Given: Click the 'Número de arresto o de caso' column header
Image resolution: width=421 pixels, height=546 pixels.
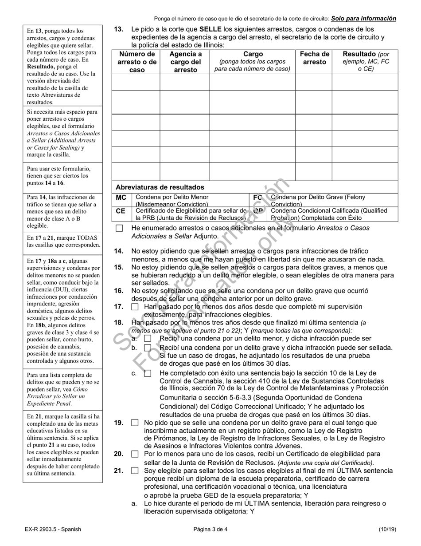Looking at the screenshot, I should click(136, 62).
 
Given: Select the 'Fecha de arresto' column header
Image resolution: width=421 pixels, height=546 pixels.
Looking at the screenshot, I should click(314, 58).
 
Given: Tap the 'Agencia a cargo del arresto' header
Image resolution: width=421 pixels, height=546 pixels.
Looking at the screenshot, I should click(184, 62).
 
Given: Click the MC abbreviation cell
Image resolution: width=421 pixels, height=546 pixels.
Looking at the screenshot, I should click(121, 198).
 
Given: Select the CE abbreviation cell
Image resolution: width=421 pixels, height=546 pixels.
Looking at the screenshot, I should click(121, 211).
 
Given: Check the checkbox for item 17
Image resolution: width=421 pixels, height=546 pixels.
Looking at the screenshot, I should click(135, 307).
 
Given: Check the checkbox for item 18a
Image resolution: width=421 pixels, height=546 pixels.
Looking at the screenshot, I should click(148, 339).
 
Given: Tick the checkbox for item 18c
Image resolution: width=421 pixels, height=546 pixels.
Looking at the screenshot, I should click(148, 373).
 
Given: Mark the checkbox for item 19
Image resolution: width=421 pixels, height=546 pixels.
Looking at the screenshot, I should click(135, 423).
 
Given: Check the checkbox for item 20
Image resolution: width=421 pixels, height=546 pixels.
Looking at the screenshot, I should click(135, 454).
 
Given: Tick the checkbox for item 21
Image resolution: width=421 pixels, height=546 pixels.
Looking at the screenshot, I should click(135, 471).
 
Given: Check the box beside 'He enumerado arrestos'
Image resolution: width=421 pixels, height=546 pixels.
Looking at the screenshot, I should click(119, 228).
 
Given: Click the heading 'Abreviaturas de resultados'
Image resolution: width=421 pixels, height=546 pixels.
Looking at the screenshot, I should click(160, 187).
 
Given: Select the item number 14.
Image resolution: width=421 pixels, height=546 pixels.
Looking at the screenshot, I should click(118, 251).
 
